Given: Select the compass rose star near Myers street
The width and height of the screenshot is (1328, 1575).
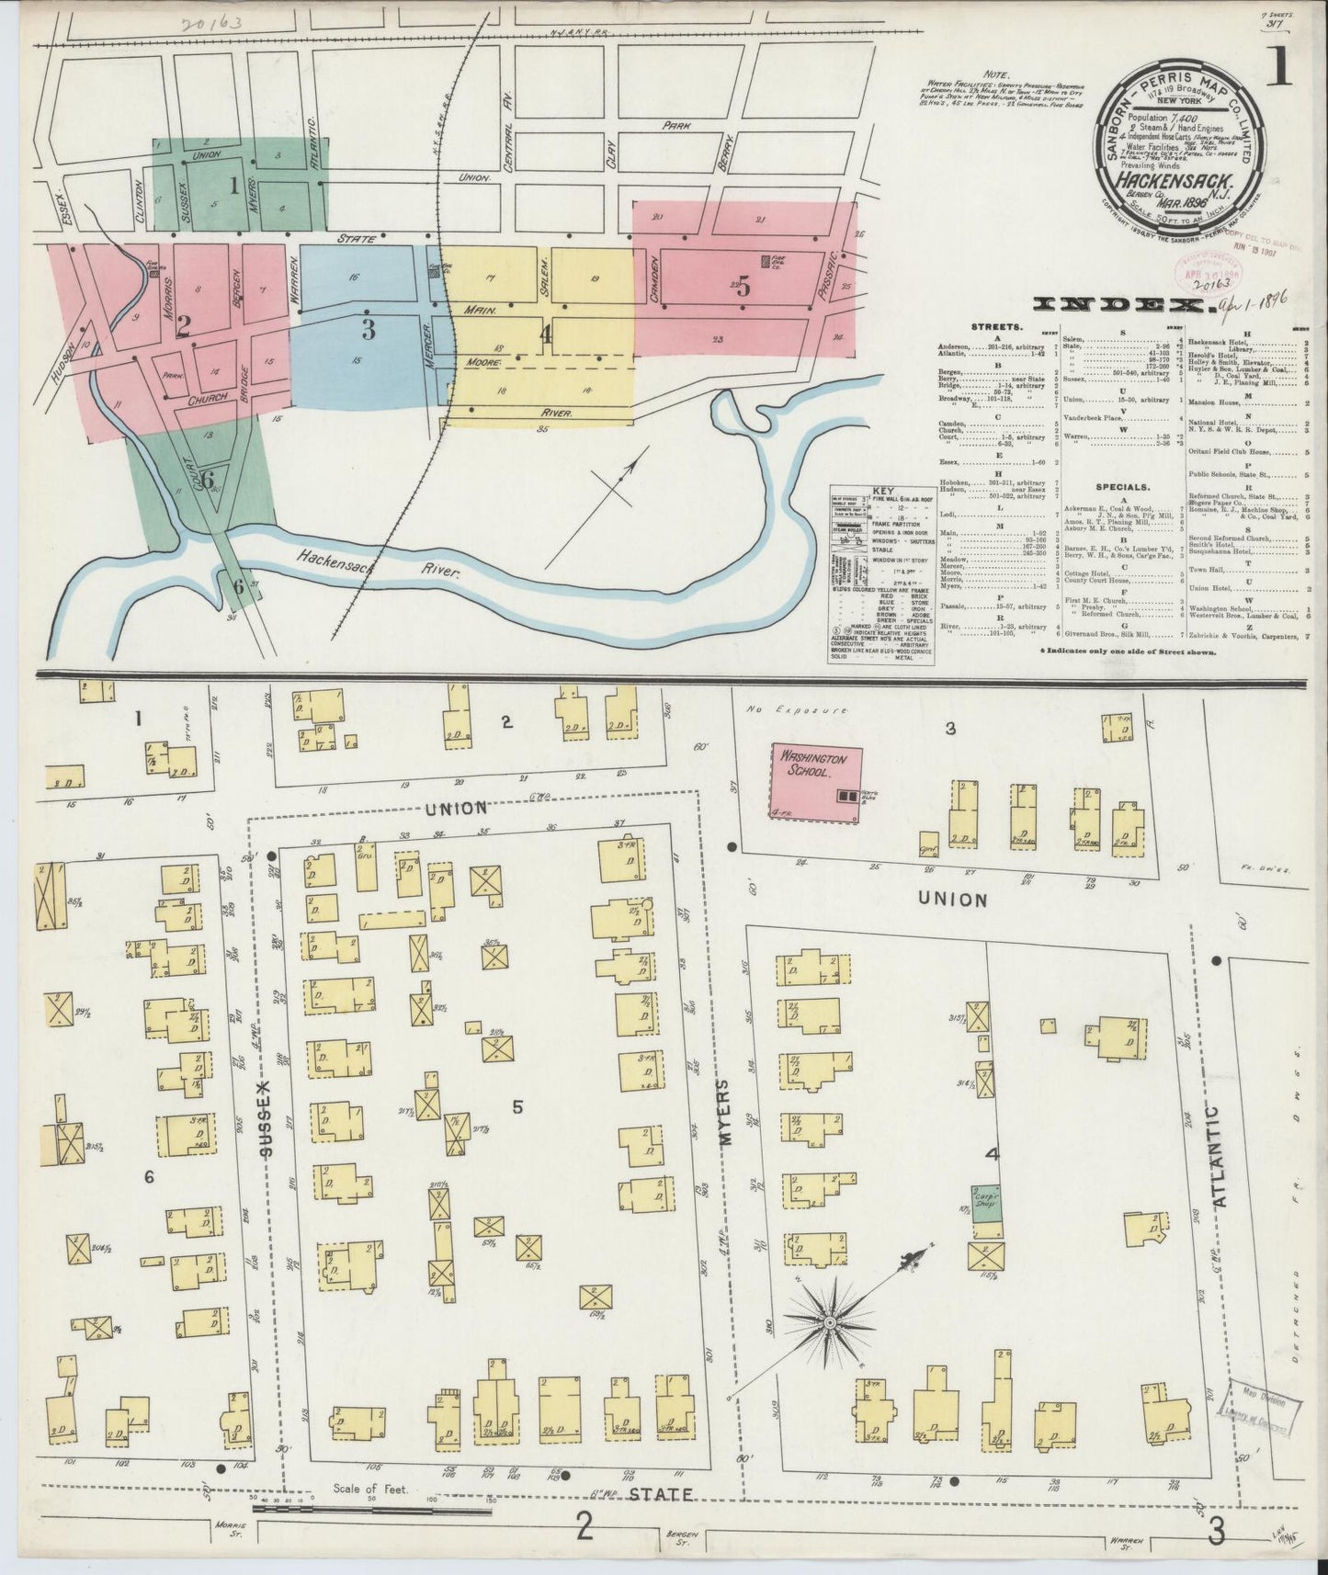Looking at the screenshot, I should (828, 1322).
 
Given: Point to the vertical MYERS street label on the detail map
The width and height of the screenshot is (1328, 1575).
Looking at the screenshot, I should (724, 1112).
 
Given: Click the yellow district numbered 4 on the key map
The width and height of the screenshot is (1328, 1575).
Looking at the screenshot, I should (546, 336).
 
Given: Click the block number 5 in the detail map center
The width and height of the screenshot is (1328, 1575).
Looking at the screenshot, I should (517, 1107).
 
